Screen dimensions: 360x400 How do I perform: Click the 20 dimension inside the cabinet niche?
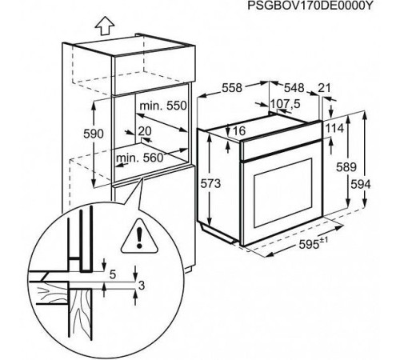pos(145,131)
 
